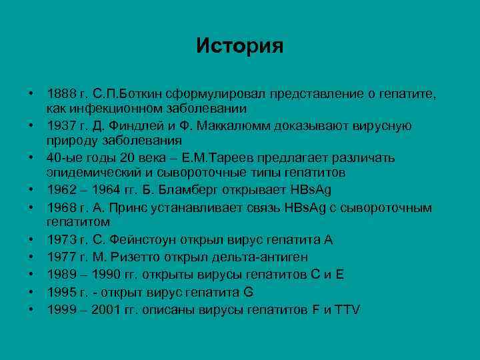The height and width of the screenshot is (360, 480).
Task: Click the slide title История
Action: pos(240,46)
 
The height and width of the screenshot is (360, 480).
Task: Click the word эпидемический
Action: pos(91,172)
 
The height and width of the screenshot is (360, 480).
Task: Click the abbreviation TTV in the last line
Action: pos(347,309)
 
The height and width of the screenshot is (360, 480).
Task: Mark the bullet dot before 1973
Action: pos(31,240)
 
